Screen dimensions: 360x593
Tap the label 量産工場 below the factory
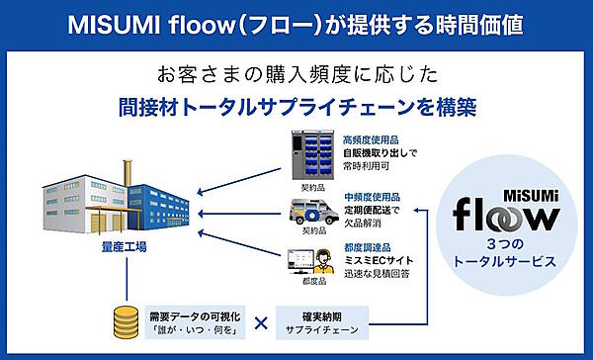125,247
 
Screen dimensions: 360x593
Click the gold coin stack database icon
125,322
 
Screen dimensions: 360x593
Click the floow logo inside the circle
505,212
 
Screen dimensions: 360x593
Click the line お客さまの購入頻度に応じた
296,74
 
